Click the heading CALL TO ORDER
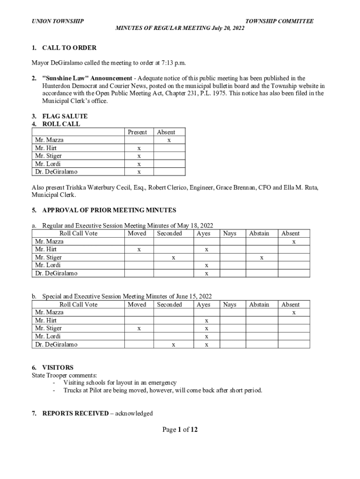click(x=69, y=48)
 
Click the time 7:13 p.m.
click(x=173, y=63)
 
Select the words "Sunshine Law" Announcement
click(x=87, y=78)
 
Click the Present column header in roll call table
click(x=137, y=132)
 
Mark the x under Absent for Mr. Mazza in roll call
click(x=169, y=140)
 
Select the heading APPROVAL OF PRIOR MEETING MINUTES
click(x=109, y=210)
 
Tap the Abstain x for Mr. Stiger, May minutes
click(x=262, y=257)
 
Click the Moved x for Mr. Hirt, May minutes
click(x=139, y=250)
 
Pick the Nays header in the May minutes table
click(x=230, y=233)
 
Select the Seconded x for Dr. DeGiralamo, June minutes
click(x=173, y=345)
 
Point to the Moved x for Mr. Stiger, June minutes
click(x=139, y=329)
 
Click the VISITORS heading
click(x=58, y=368)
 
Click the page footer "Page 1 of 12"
click(x=180, y=429)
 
